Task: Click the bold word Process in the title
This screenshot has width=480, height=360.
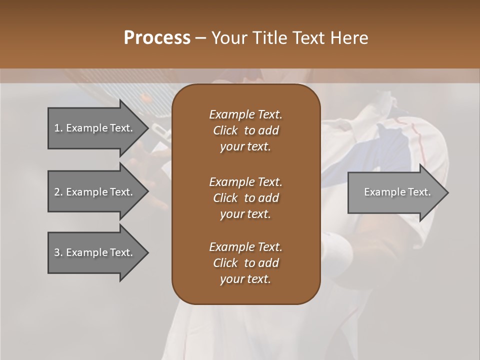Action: pyautogui.click(x=157, y=38)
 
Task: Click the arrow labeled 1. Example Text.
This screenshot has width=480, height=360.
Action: pyautogui.click(x=95, y=128)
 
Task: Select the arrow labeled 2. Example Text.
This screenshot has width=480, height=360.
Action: pyautogui.click(x=95, y=192)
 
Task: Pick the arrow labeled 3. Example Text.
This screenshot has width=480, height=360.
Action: pyautogui.click(x=95, y=252)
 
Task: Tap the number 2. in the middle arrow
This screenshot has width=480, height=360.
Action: pyautogui.click(x=58, y=192)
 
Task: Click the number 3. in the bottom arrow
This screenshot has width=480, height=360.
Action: pyautogui.click(x=58, y=252)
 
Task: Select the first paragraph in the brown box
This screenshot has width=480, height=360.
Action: pyautogui.click(x=245, y=130)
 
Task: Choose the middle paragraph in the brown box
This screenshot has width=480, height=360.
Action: pyautogui.click(x=245, y=197)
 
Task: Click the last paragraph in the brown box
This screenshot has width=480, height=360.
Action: pyautogui.click(x=245, y=263)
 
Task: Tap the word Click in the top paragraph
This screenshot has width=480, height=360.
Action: pyautogui.click(x=225, y=130)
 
